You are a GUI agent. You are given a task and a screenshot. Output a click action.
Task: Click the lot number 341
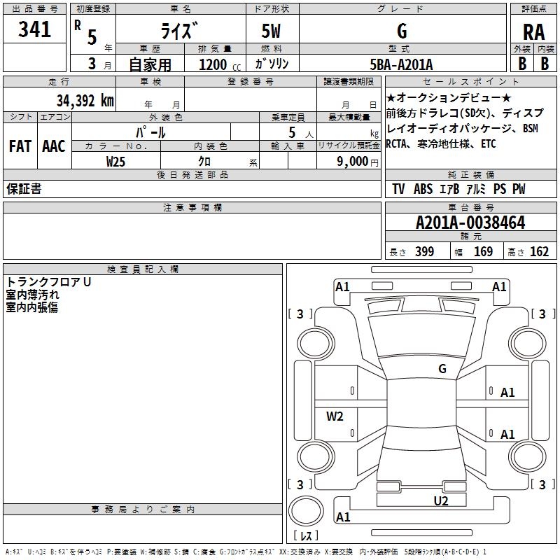click(35, 30)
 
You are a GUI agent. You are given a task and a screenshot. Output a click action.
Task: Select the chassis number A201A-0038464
click(470, 223)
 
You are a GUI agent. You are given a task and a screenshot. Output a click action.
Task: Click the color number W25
click(116, 161)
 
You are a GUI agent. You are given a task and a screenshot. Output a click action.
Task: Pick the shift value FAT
click(20, 146)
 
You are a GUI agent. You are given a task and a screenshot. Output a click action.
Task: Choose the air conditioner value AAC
click(53, 146)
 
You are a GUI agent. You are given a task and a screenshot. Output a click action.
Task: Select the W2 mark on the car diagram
click(335, 416)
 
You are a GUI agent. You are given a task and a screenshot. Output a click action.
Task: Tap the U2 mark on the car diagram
click(440, 500)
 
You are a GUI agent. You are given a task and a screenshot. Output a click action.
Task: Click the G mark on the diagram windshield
click(442, 368)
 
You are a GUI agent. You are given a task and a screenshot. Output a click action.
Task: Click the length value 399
click(424, 252)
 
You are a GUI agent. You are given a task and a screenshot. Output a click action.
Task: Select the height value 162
click(539, 252)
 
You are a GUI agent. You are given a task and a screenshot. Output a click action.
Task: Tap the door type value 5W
click(272, 31)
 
